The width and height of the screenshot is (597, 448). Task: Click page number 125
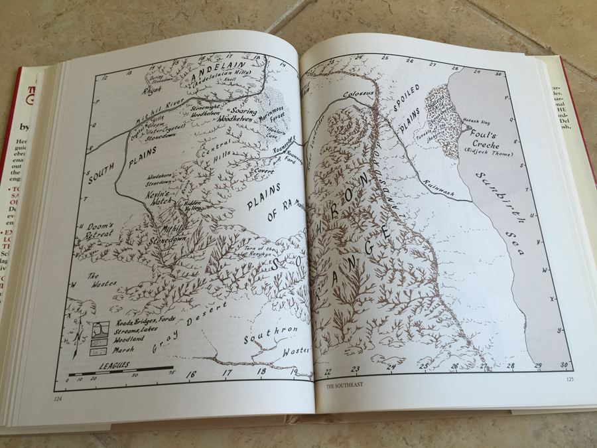pyautogui.click(x=569, y=380)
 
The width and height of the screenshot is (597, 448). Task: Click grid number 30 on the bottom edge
pyautogui.click(x=564, y=366)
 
